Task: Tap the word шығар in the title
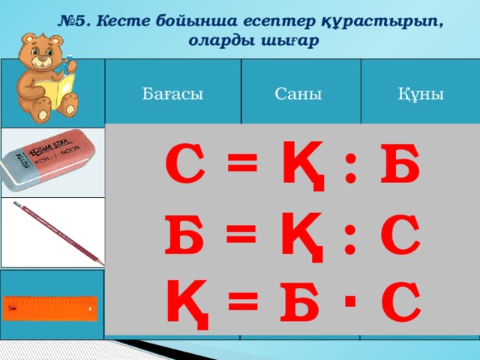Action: coord(289,41)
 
